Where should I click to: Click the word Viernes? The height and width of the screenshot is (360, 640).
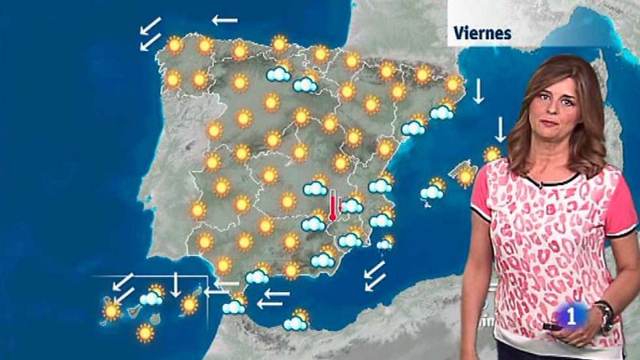(x=482, y=33)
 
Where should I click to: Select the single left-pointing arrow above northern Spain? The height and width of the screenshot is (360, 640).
(x=224, y=19)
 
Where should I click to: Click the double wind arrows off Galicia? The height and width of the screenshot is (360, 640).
(x=150, y=34)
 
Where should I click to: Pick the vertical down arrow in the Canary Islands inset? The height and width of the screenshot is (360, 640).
(x=176, y=284)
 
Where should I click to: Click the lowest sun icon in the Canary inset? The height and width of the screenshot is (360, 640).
(x=145, y=332)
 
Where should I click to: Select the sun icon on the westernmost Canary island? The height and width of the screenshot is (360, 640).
(x=110, y=310)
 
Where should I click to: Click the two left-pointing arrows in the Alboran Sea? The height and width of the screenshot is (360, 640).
(x=273, y=298)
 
